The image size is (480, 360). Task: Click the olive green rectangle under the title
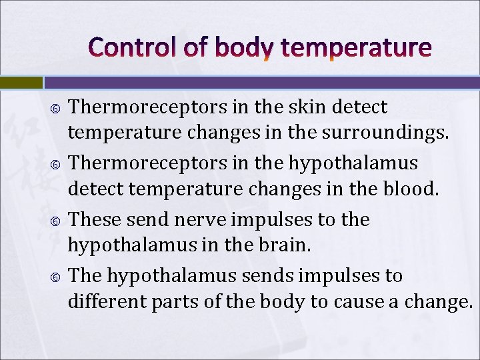21,83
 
